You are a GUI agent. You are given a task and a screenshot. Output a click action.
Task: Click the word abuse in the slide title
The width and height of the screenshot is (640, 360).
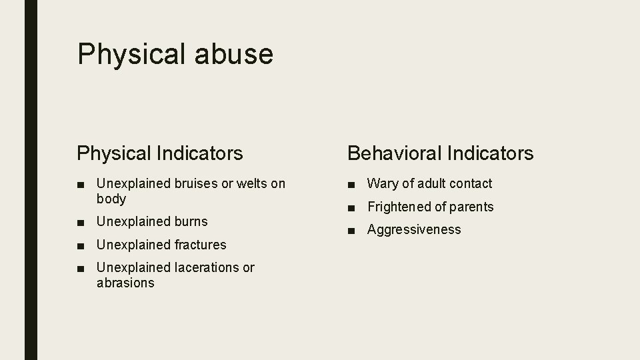click(x=234, y=54)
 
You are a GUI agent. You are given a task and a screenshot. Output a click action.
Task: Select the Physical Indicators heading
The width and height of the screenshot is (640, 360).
click(x=160, y=153)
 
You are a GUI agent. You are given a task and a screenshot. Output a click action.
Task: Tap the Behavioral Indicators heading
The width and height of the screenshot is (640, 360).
click(x=440, y=153)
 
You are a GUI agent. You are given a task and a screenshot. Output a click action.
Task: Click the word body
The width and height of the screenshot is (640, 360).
click(x=111, y=199)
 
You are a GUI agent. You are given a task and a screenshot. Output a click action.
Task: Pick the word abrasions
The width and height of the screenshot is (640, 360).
click(x=125, y=283)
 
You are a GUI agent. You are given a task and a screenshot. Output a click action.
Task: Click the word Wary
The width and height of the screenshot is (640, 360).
click(x=382, y=183)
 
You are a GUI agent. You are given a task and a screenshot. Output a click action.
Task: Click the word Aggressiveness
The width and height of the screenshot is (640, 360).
click(x=414, y=229)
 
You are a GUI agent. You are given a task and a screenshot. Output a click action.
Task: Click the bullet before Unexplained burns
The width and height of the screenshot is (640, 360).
click(x=81, y=222)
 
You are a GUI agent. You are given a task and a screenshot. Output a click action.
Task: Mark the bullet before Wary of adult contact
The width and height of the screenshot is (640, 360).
click(x=351, y=184)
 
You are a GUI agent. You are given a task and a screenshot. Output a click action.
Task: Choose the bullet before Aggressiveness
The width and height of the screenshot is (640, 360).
click(x=351, y=230)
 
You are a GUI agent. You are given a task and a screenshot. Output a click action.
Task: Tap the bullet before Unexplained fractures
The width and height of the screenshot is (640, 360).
click(x=81, y=245)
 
